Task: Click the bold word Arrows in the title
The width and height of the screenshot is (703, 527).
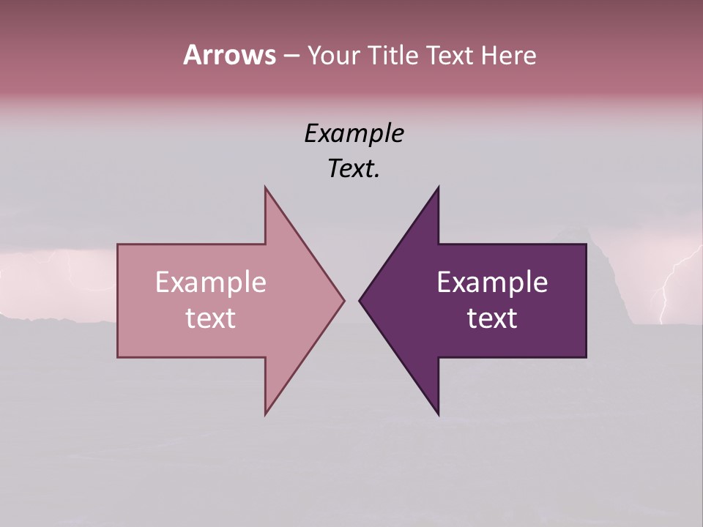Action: coord(229,55)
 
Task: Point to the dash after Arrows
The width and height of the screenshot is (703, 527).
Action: coord(291,56)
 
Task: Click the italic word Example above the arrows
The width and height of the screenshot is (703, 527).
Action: coord(354,133)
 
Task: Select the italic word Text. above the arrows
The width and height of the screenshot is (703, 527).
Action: coord(354,168)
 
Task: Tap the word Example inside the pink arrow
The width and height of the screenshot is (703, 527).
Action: coord(210,282)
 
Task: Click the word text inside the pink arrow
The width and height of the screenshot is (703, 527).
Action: coord(210,318)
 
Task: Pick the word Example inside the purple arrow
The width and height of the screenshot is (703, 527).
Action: coord(492,282)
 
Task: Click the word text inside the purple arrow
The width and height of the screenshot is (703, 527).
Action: coord(492,318)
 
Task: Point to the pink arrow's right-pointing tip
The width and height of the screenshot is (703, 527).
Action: coord(343,300)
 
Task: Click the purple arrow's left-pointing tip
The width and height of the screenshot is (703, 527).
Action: coord(361,300)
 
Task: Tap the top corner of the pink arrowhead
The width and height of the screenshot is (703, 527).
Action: coord(266,188)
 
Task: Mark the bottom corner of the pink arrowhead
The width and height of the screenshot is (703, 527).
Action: coord(266,414)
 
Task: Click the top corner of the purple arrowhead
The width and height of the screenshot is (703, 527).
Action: coord(438,188)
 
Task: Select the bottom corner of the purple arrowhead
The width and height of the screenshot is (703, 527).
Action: coord(438,414)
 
